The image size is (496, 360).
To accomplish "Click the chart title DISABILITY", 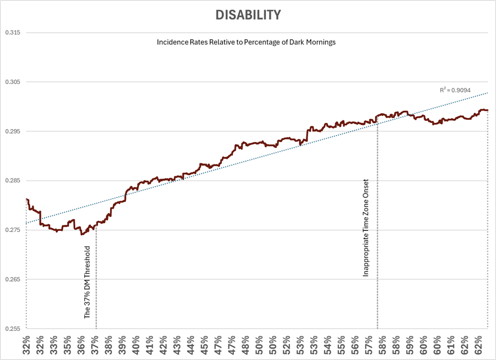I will pyautogui.click(x=248, y=15).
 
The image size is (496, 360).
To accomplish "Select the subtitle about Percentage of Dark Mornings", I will pyautogui.click(x=246, y=42).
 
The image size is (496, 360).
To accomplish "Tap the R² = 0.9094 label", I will pyautogui.click(x=455, y=90).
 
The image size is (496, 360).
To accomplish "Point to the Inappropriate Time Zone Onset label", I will pyautogui.click(x=366, y=227).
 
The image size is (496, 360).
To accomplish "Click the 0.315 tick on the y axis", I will pyautogui.click(x=13, y=33).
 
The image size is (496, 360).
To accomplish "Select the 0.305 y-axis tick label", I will pyautogui.click(x=13, y=82).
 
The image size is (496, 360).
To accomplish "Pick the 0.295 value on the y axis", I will pyautogui.click(x=13, y=131).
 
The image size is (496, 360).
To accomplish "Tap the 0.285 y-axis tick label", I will pyautogui.click(x=13, y=181).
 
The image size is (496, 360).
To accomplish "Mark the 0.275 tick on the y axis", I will pyautogui.click(x=13, y=230).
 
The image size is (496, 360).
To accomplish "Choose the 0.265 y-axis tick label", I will pyautogui.click(x=13, y=279).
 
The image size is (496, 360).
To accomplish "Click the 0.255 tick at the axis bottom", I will pyautogui.click(x=13, y=328).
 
